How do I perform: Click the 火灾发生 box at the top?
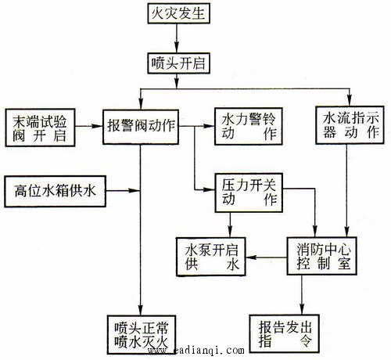pos(179,13)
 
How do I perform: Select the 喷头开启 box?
pos(179,63)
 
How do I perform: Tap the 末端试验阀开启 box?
pos(40,128)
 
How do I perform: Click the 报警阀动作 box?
pos(141,127)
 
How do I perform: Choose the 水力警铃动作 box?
pos(249,126)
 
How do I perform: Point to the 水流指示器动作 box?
pos(350,125)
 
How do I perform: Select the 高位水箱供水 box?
pos(55,191)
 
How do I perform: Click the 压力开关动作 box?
pos(249,193)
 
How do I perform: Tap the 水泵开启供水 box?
pos(211,257)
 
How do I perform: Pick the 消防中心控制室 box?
pos(322,256)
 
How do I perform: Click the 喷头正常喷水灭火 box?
pos(142,335)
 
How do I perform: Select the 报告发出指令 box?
pos(285,333)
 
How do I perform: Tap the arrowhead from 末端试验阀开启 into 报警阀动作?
pos(97,126)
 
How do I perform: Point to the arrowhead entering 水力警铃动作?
pos(209,126)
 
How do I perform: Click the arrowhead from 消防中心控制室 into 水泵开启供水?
pos(251,257)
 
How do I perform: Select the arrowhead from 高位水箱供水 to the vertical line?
pos(135,191)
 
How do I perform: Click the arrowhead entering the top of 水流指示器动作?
pos(350,101)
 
